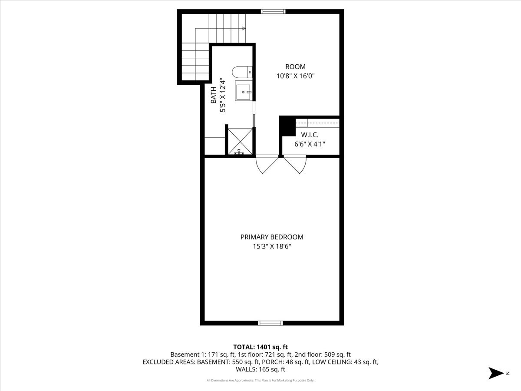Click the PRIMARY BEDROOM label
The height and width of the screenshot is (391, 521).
[x=272, y=237]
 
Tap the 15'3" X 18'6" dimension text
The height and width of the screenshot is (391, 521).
[x=272, y=246]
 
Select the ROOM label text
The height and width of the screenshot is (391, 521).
[x=295, y=66]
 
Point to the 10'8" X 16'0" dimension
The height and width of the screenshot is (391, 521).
[x=295, y=76]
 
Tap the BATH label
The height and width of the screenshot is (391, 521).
[x=214, y=95]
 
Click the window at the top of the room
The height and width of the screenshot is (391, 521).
[x=273, y=12]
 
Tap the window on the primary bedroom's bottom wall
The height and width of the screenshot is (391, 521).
[x=270, y=323]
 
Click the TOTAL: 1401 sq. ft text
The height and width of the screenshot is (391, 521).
[x=260, y=347]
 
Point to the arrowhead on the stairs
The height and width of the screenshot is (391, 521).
[x=244, y=28]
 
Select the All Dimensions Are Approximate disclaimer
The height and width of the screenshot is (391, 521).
[x=260, y=381]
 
